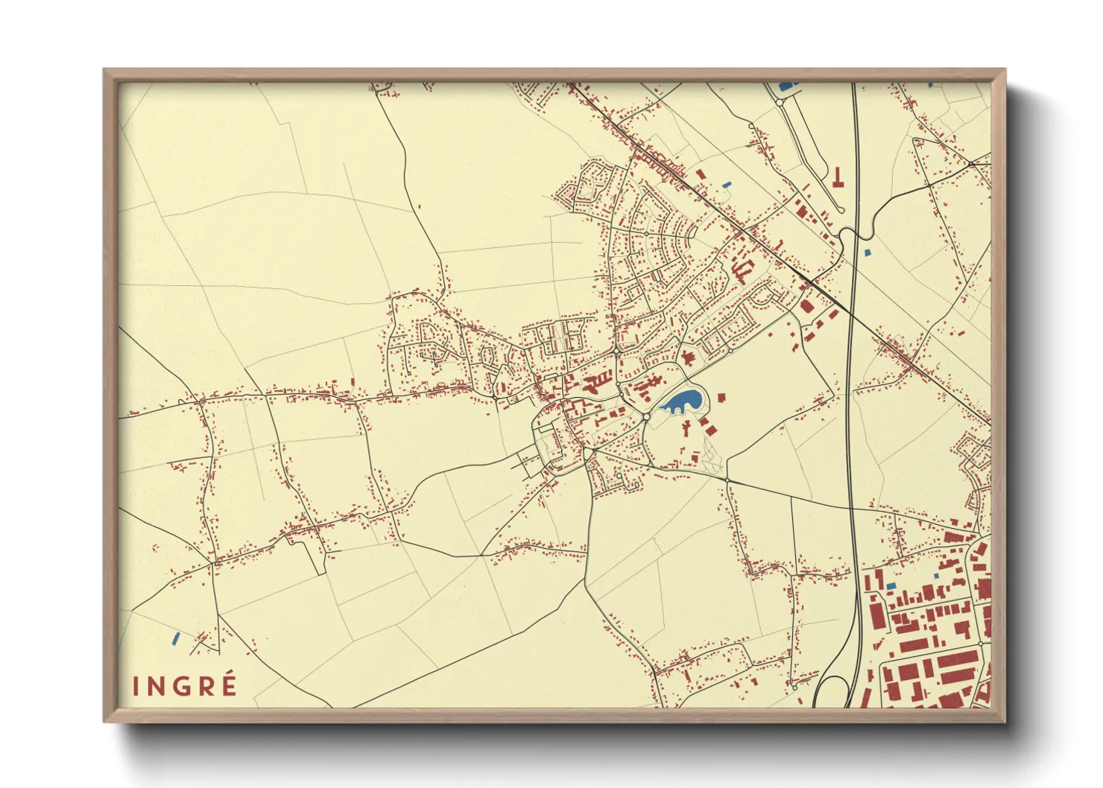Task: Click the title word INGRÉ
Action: (x=185, y=685)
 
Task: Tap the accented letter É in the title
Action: (x=228, y=684)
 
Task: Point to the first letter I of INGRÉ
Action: (x=136, y=686)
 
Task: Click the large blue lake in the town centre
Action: (x=683, y=401)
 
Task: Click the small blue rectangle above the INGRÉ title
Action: (x=176, y=638)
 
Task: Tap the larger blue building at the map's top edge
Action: (x=786, y=86)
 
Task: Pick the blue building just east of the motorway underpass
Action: (x=867, y=253)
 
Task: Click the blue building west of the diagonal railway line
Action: (x=727, y=184)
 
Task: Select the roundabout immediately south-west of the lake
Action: (x=645, y=418)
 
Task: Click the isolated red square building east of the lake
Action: (x=721, y=397)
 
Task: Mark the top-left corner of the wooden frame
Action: (x=104, y=70)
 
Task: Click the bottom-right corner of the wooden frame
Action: (x=1005, y=721)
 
